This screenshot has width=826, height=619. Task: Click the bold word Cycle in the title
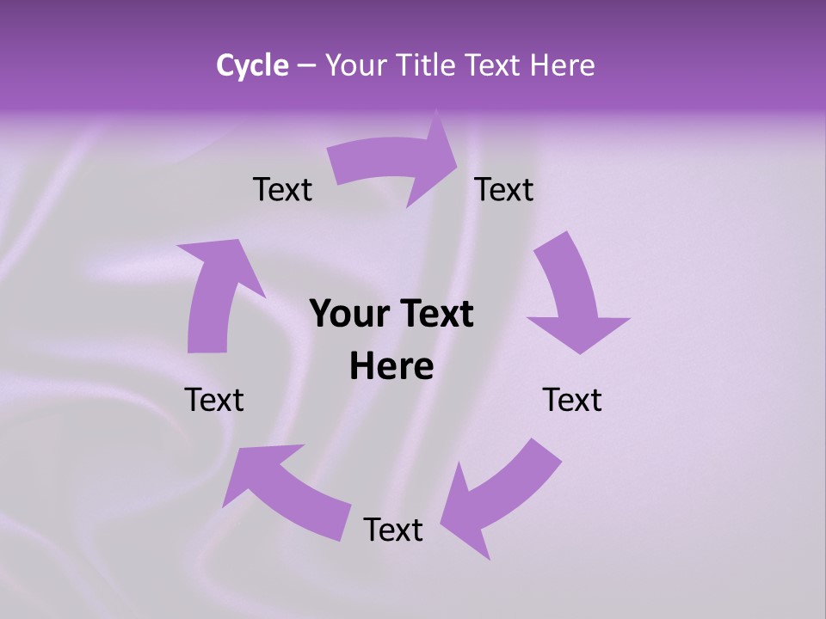pyautogui.click(x=252, y=65)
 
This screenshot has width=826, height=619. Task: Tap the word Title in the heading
pyautogui.click(x=427, y=65)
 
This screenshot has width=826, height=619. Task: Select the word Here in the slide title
pyautogui.click(x=562, y=65)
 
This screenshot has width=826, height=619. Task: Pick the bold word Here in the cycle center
pyautogui.click(x=391, y=366)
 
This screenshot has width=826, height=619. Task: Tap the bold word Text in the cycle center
pyautogui.click(x=432, y=314)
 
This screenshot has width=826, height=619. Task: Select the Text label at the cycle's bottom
pyautogui.click(x=393, y=530)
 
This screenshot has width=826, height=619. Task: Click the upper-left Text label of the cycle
pyautogui.click(x=282, y=189)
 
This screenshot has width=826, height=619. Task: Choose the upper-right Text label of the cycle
pyautogui.click(x=504, y=189)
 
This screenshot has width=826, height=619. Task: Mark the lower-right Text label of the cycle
pyautogui.click(x=572, y=400)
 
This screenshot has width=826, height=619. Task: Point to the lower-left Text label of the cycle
pyautogui.click(x=214, y=400)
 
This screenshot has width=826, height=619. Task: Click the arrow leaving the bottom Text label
pyautogui.click(x=284, y=490)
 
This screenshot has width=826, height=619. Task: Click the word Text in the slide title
pyautogui.click(x=492, y=65)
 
